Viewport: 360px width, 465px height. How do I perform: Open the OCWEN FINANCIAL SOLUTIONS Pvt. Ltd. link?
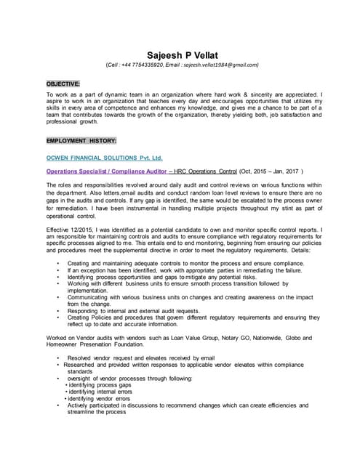(105, 157)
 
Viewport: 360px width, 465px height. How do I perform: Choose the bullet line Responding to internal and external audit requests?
(145, 310)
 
